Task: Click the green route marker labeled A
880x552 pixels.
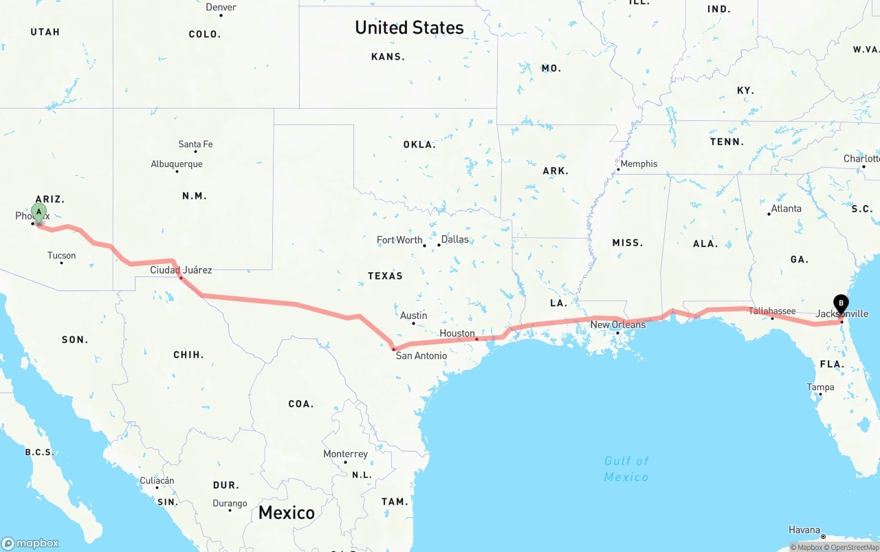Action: (x=39, y=212)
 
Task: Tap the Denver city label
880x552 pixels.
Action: (x=221, y=8)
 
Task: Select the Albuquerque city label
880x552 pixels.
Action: (x=177, y=164)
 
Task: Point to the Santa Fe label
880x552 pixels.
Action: (x=195, y=144)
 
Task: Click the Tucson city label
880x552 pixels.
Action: (x=62, y=256)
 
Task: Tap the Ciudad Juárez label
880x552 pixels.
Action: (x=181, y=270)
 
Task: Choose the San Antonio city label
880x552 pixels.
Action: (x=421, y=355)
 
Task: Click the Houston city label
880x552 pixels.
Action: (x=457, y=333)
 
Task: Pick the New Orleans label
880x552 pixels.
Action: (x=618, y=324)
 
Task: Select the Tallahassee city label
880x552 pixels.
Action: (x=772, y=311)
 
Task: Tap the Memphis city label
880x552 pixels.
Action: (x=639, y=164)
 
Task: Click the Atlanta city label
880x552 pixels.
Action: (x=786, y=208)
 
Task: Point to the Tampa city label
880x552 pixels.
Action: (x=820, y=387)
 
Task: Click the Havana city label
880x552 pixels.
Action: (x=804, y=530)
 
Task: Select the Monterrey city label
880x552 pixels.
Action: (x=345, y=454)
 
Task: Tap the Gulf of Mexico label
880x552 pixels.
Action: (x=626, y=469)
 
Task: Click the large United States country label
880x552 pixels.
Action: (x=409, y=27)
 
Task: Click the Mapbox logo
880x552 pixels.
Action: (x=30, y=543)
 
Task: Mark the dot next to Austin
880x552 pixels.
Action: (x=413, y=323)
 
